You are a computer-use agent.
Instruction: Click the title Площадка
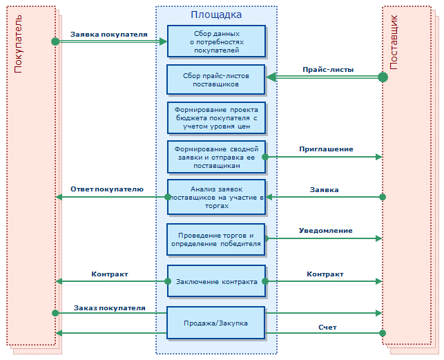[x=216, y=15]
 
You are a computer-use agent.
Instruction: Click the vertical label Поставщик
[x=394, y=42]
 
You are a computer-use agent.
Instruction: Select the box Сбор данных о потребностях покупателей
[x=216, y=41]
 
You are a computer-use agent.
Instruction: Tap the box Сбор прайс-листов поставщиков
[x=216, y=79]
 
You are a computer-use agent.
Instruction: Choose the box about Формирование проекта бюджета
[x=216, y=118]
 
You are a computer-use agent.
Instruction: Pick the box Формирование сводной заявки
[x=216, y=157]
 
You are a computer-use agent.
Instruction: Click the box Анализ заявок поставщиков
[x=216, y=197]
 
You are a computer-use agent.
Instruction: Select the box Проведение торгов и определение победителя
[x=216, y=238]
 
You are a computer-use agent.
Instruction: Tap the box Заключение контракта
[x=216, y=281]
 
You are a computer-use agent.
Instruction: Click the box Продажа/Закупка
[x=216, y=323]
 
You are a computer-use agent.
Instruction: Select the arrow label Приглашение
[x=326, y=149]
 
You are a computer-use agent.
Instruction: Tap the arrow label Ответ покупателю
[x=107, y=189]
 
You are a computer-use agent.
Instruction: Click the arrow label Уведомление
[x=325, y=230]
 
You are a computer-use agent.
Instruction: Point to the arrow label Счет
[x=327, y=327]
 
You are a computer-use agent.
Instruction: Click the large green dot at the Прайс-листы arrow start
[x=383, y=77]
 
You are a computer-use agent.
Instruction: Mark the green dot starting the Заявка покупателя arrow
[x=55, y=41]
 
